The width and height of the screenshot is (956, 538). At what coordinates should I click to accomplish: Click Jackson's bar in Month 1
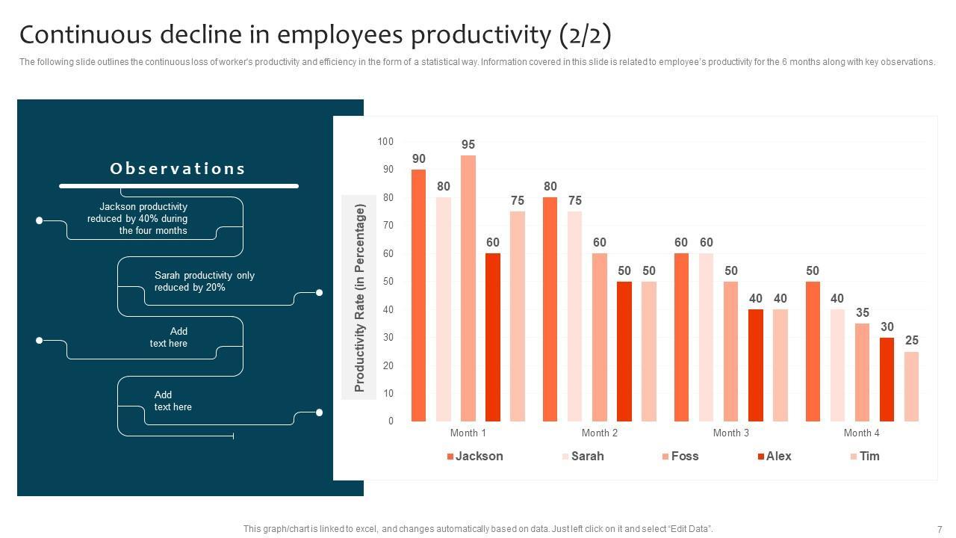418,295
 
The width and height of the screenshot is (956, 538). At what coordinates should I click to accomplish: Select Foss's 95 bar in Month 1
468,288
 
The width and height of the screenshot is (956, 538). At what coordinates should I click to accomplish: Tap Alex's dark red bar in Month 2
624,351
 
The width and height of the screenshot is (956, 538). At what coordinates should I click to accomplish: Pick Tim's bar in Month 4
911,386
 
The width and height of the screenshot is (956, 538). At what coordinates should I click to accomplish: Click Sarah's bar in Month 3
706,337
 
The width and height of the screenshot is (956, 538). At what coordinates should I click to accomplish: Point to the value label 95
468,144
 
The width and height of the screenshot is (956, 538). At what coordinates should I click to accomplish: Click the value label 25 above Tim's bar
912,341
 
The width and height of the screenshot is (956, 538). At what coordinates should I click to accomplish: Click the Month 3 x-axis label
730,433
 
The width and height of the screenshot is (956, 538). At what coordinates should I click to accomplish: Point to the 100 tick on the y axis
385,141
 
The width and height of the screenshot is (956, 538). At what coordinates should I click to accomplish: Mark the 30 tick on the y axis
388,338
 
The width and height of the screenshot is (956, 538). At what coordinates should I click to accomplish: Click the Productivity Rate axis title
359,297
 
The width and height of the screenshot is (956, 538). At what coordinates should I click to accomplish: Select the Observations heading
178,169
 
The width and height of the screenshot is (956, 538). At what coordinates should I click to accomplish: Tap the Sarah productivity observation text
204,281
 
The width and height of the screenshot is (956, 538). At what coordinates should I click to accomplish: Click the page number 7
940,529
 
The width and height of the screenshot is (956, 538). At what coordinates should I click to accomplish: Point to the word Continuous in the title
84,35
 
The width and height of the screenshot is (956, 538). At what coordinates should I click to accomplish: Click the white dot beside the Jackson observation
40,220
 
